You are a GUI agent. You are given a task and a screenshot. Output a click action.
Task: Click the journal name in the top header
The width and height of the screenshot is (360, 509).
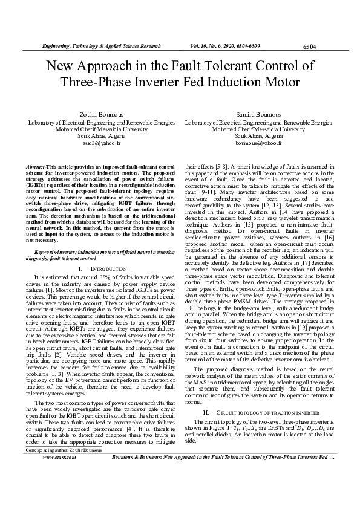pyautogui.click(x=100, y=46)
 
